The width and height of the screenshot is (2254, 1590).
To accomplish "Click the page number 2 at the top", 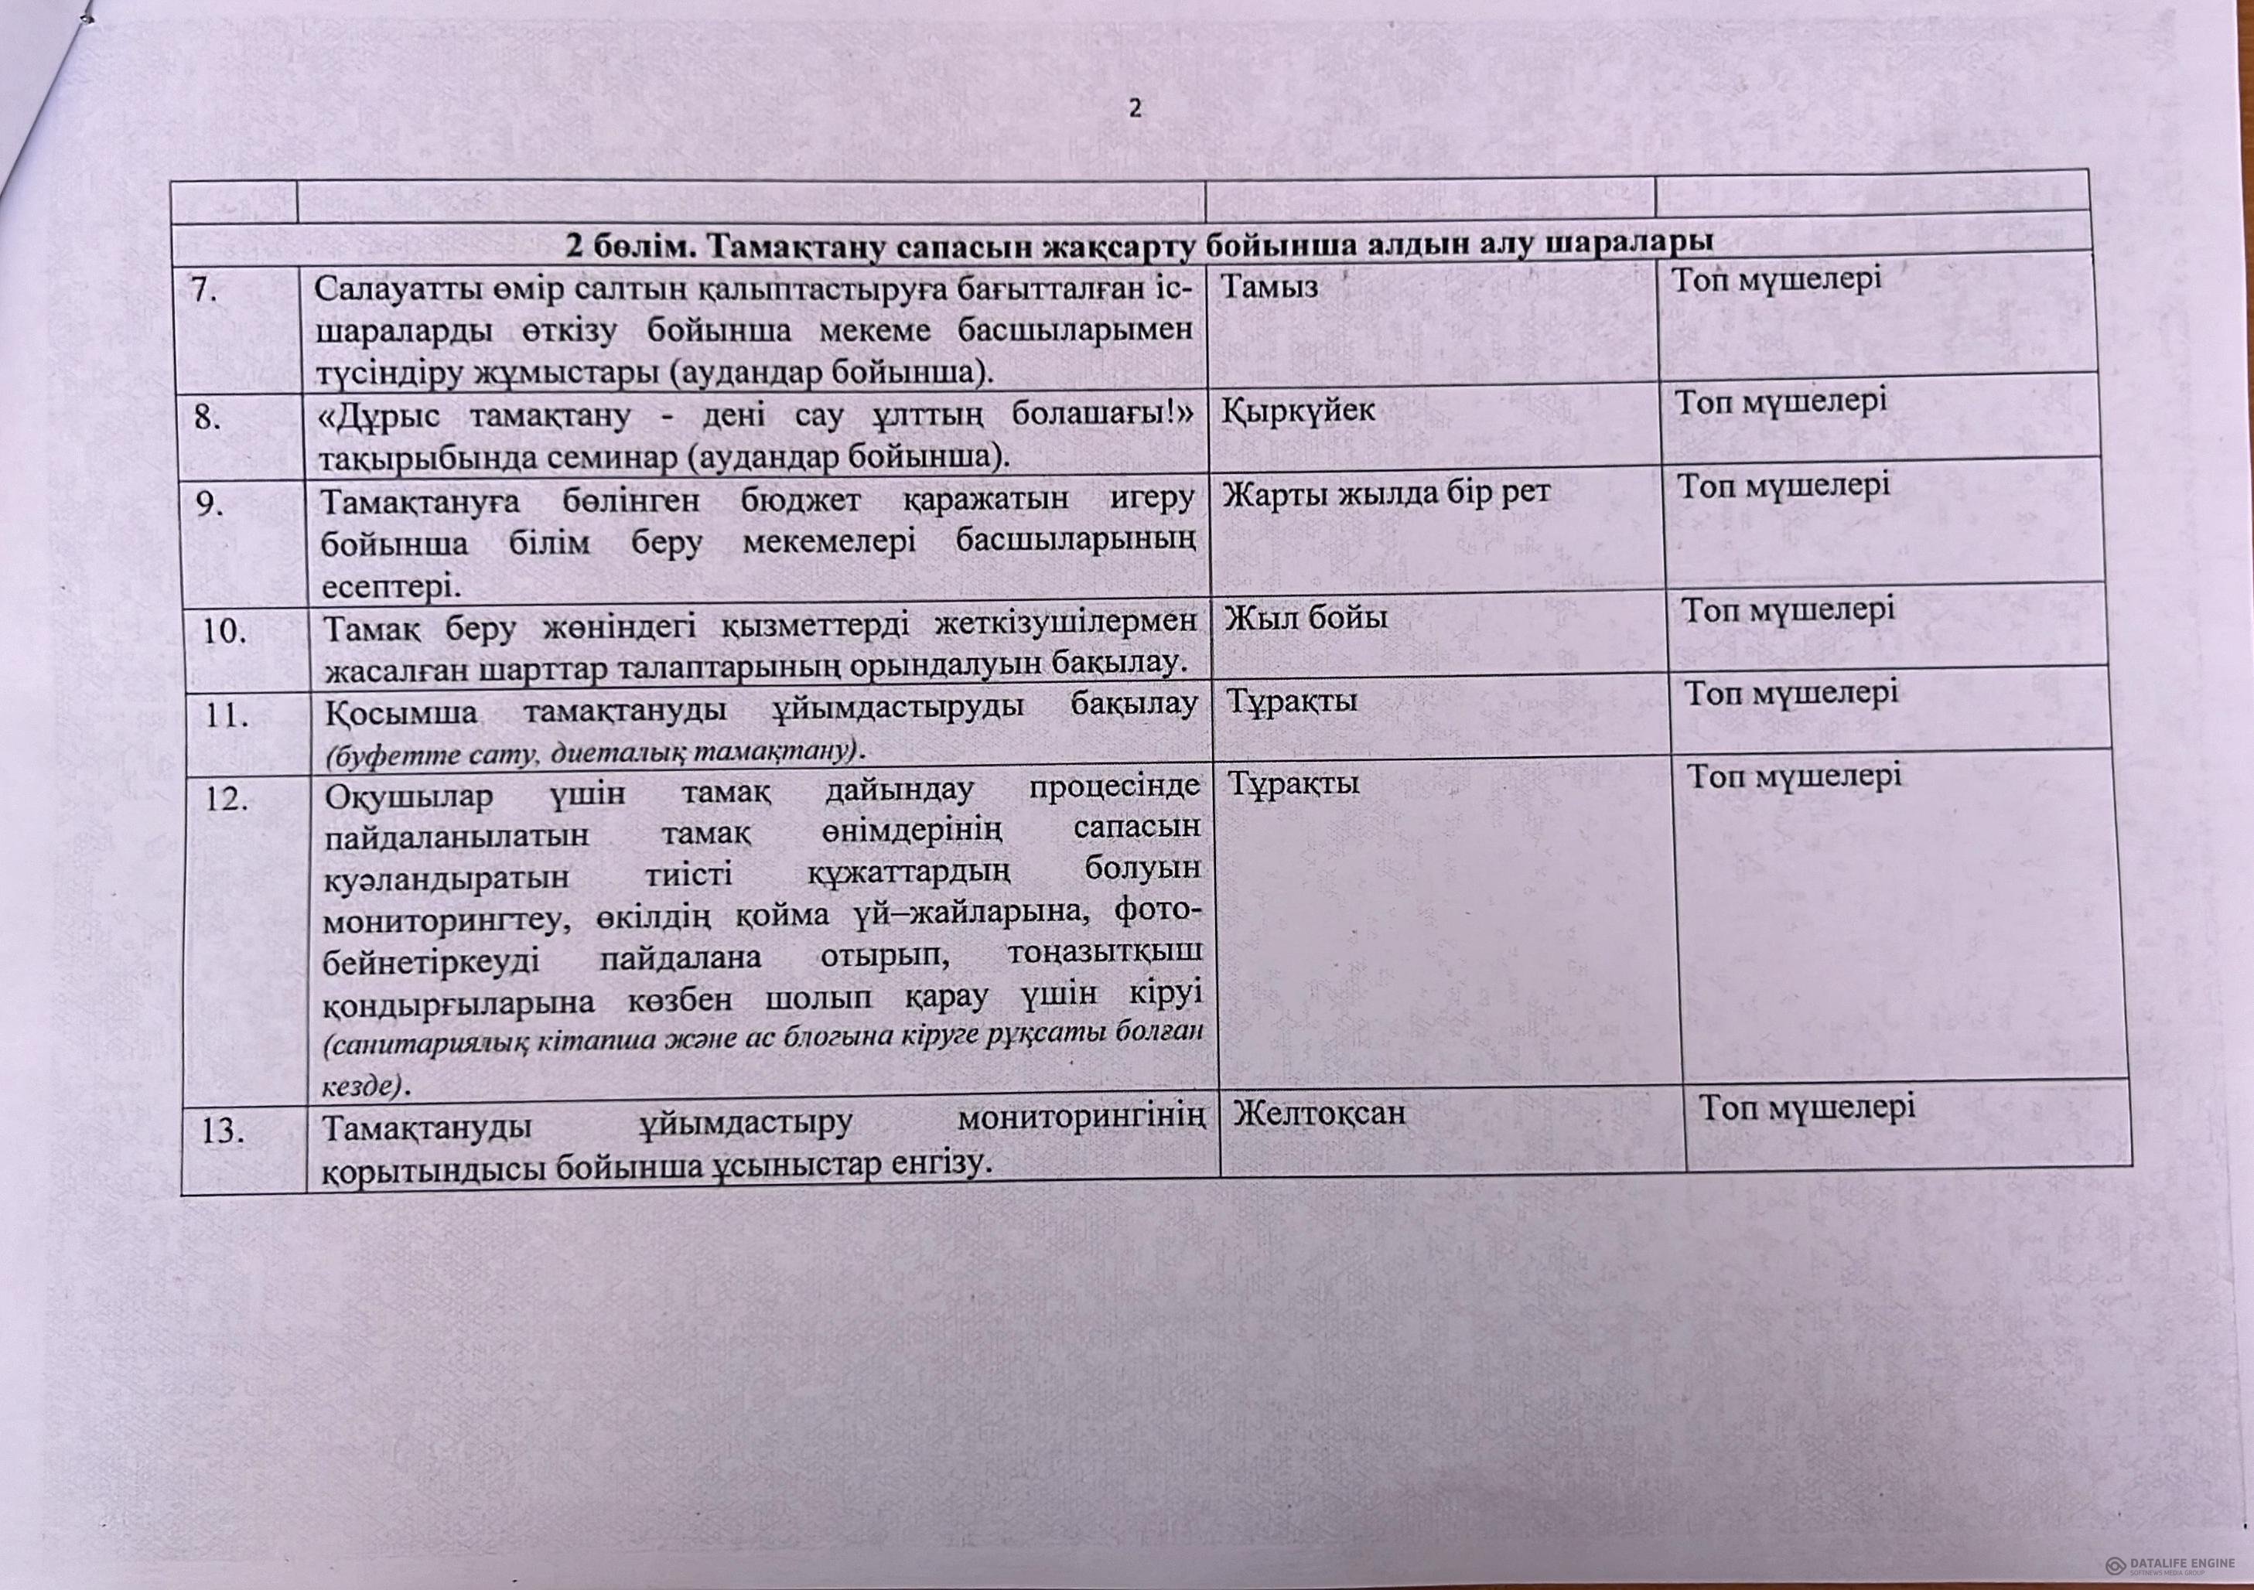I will [x=1135, y=109].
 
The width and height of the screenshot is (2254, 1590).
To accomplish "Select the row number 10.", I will [x=225, y=631].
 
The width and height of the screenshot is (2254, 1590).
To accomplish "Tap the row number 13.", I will [x=223, y=1131].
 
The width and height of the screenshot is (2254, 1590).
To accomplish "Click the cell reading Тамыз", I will [x=1269, y=287].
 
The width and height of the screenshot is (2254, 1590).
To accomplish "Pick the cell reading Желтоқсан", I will [x=1318, y=1113].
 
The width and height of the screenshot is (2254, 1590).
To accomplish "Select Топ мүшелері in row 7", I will [x=1777, y=278].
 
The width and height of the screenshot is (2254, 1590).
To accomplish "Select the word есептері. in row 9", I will [x=390, y=587].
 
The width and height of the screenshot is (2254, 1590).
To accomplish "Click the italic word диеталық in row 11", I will [x=616, y=752].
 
